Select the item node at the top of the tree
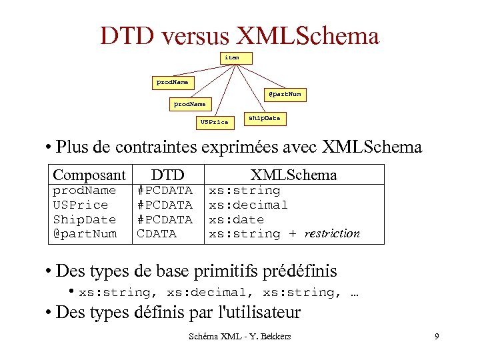click(232, 58)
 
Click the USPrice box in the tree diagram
click(214, 122)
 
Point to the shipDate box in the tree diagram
click(264, 119)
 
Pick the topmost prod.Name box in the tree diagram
click(172, 83)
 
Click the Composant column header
click(89, 175)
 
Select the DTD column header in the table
click(167, 175)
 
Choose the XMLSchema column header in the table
click(293, 175)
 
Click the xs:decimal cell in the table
click(249, 205)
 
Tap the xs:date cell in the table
click(237, 219)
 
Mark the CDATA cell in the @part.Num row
click(157, 234)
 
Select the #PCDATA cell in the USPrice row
click(165, 205)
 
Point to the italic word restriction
click(332, 234)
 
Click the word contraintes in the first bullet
click(164, 146)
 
